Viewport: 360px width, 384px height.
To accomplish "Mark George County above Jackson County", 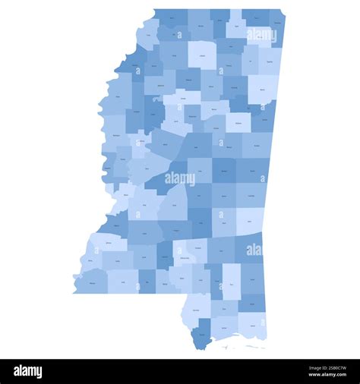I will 252,303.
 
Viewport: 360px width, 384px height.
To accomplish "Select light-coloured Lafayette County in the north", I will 202,54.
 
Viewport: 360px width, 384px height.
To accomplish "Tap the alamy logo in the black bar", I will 28,371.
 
